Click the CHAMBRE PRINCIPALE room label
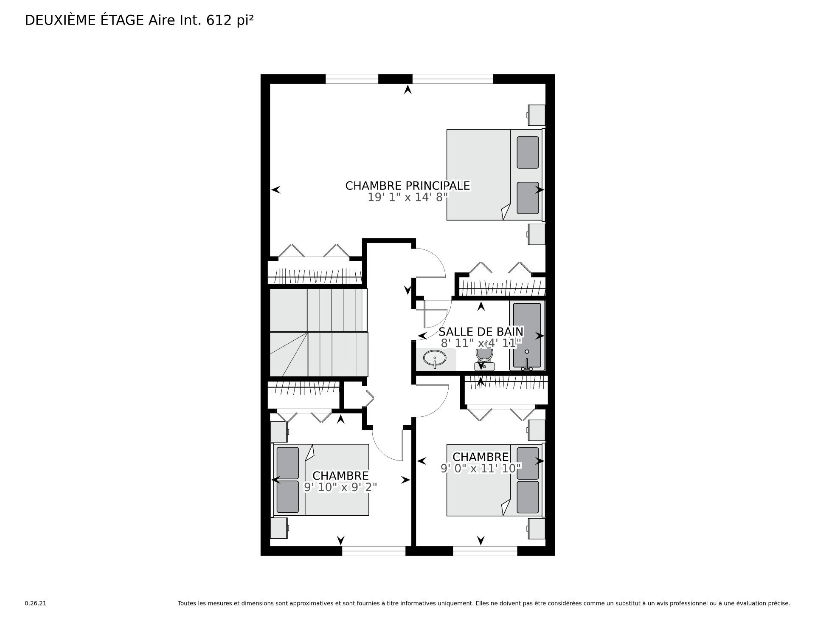407,186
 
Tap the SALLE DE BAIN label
481,331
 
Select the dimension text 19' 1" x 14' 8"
407,198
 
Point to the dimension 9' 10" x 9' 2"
340,487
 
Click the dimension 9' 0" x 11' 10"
481,468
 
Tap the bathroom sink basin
435,359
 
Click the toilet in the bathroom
484,359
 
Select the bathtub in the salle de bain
528,336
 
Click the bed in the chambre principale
495,175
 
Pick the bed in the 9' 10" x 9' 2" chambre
321,480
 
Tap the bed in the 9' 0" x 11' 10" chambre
495,480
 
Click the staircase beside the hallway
318,333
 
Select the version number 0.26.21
35,603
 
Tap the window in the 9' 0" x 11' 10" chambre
485,551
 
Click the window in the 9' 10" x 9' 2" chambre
374,551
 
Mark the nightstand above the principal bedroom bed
537,115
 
